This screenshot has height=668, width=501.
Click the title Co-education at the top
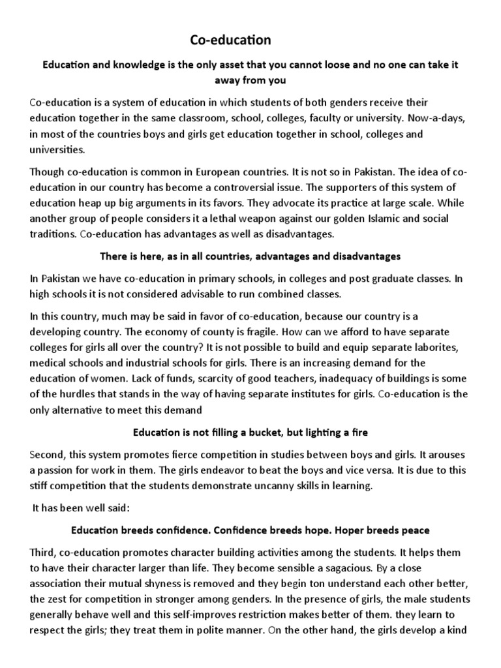230,40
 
